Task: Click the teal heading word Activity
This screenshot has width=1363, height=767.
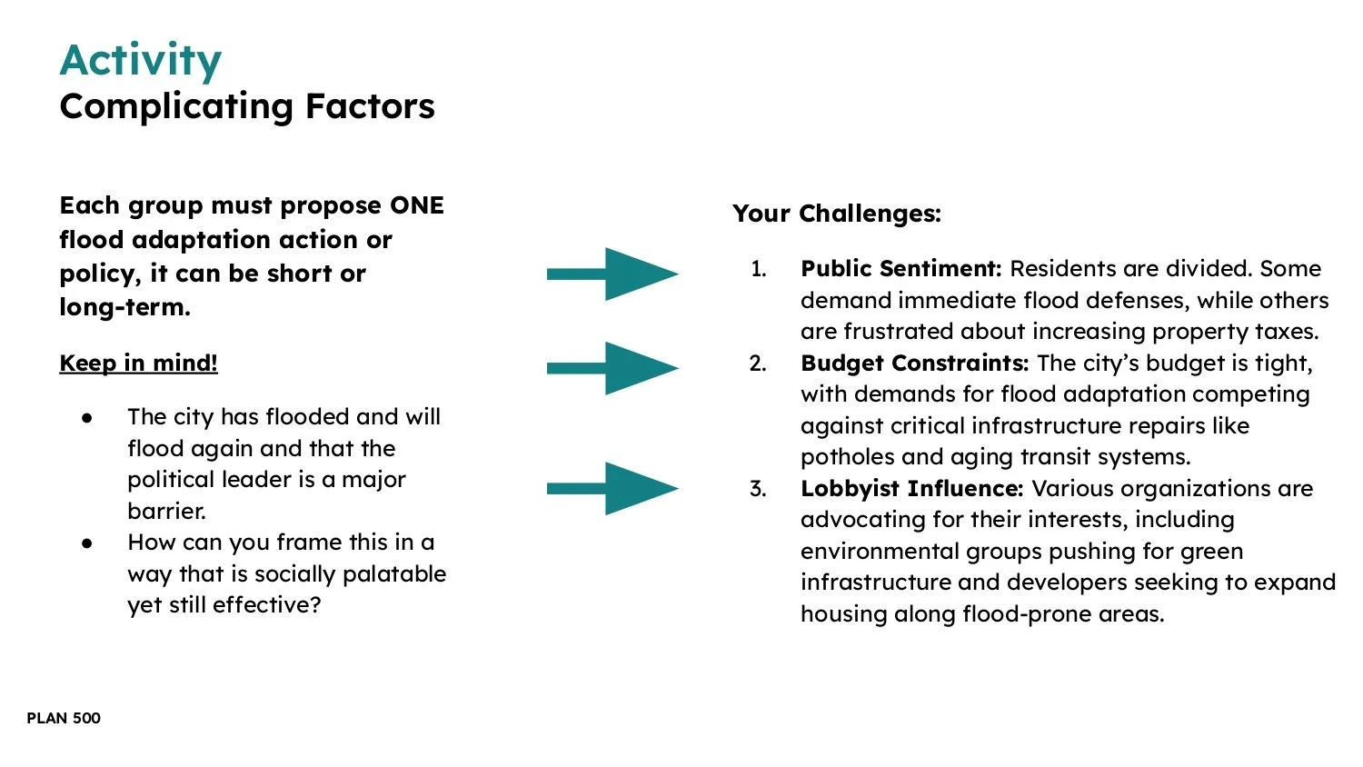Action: pyautogui.click(x=140, y=61)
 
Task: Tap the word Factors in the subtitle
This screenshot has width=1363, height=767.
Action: pyautogui.click(x=370, y=106)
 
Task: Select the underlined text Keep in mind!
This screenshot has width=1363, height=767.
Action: pyautogui.click(x=138, y=363)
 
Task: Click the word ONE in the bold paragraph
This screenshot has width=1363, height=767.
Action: pyautogui.click(x=416, y=205)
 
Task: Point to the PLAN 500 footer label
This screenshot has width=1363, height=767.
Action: pyautogui.click(x=64, y=718)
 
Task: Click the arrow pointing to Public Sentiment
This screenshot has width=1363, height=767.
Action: pyautogui.click(x=612, y=274)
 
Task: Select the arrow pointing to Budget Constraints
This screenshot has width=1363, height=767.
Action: pyautogui.click(x=612, y=368)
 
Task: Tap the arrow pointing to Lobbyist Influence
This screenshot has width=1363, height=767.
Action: pyautogui.click(x=612, y=488)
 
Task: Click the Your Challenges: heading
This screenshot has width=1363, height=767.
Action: pyautogui.click(x=836, y=214)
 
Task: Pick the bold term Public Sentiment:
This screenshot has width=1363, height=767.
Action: pyautogui.click(x=900, y=269)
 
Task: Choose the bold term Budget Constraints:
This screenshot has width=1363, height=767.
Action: pyautogui.click(x=914, y=364)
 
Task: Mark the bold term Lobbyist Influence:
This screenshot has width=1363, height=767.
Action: pyautogui.click(x=911, y=489)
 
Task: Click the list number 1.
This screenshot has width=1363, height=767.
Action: pyautogui.click(x=758, y=269)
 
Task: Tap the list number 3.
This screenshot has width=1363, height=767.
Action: pyautogui.click(x=758, y=489)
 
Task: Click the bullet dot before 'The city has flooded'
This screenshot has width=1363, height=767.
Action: pyautogui.click(x=87, y=417)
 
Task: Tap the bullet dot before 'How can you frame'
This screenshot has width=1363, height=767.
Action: pyautogui.click(x=87, y=543)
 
